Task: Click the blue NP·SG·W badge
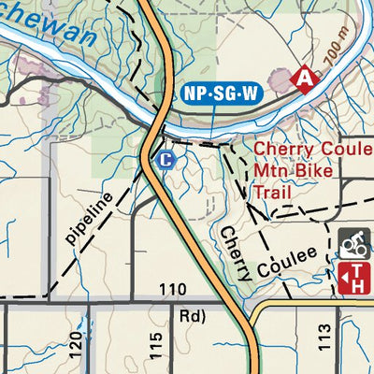(222, 93)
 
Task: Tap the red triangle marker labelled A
(303, 79)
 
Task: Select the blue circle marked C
(165, 160)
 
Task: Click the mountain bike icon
(352, 244)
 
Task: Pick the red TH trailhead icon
(352, 277)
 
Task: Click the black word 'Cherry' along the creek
(235, 252)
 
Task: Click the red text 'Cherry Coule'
(313, 150)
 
